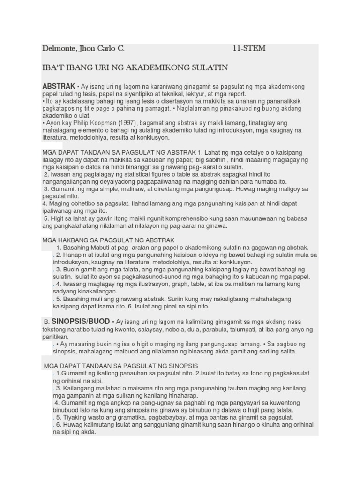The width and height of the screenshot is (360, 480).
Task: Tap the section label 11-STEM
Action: (249, 48)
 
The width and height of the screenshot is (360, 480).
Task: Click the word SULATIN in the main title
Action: (208, 68)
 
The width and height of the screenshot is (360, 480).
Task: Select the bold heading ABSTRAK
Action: (59, 87)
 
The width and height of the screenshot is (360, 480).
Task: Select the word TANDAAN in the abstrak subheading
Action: (92, 153)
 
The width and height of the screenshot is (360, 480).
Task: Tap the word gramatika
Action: (124, 417)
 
